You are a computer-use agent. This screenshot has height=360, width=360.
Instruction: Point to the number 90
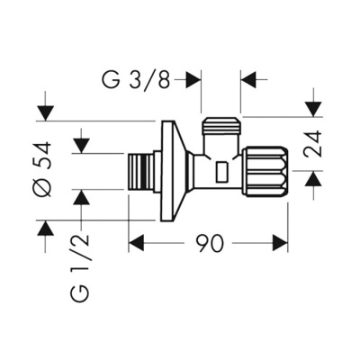(208, 244)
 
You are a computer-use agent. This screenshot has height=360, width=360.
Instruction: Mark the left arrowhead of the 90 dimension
(136, 243)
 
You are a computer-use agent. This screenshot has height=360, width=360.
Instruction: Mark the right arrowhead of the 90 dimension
(279, 243)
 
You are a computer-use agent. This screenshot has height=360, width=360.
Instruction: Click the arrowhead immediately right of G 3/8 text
(192, 80)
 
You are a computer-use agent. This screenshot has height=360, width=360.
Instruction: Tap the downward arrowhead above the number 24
(311, 109)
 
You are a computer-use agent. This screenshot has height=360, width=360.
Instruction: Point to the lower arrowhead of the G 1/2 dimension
(82, 197)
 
